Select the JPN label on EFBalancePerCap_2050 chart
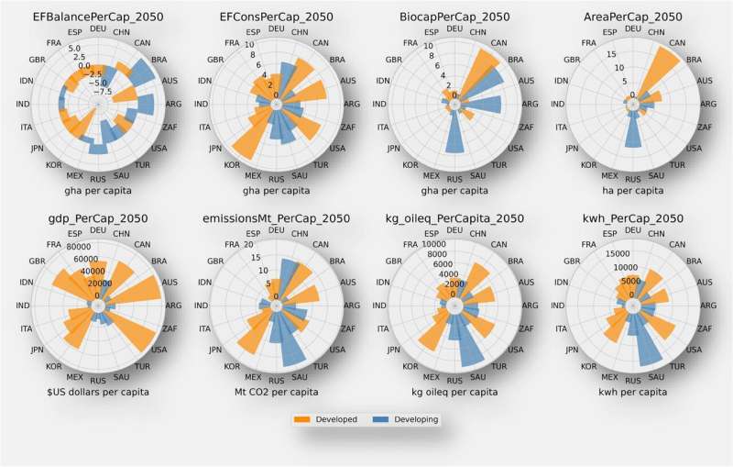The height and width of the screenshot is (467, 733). pyautogui.click(x=38, y=148)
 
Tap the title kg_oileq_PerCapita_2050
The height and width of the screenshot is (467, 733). pyautogui.click(x=454, y=218)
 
